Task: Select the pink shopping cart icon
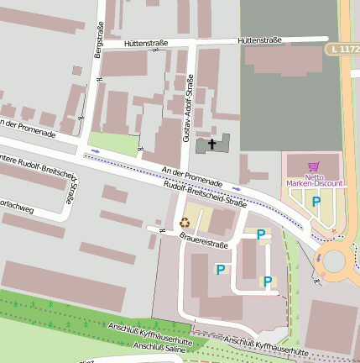[314, 166]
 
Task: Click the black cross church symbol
[211, 145]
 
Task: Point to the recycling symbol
[185, 223]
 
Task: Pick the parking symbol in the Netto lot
[316, 202]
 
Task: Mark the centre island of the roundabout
[334, 261]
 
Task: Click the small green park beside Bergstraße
[112, 144]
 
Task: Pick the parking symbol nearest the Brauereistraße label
[260, 235]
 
